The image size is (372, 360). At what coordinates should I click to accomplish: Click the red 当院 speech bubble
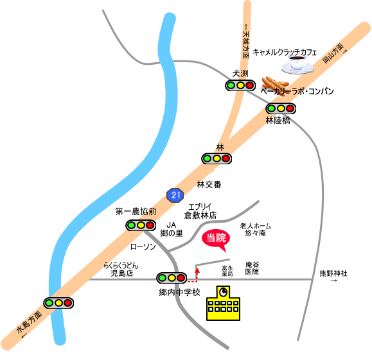pyautogui.click(x=215, y=239)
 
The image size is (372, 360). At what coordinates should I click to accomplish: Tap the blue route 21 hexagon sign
pyautogui.click(x=175, y=195)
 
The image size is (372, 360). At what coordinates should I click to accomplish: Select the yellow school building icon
pyautogui.click(x=223, y=303)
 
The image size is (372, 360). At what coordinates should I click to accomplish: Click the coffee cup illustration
pyautogui.click(x=297, y=64)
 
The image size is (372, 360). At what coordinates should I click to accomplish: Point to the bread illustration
pyautogui.click(x=276, y=85)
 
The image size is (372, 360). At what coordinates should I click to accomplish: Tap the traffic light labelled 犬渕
pyautogui.click(x=240, y=85)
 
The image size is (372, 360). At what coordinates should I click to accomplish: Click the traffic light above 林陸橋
pyautogui.click(x=281, y=108)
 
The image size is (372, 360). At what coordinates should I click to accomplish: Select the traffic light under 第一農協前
pyautogui.click(x=141, y=225)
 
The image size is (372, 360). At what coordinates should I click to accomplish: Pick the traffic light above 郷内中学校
pyautogui.click(x=172, y=277)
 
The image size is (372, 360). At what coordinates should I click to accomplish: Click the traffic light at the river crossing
pyautogui.click(x=58, y=303)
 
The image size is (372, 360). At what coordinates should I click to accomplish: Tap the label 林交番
pyautogui.click(x=209, y=184)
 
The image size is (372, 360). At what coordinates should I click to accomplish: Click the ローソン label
pyautogui.click(x=143, y=246)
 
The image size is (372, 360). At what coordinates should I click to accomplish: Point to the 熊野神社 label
pyautogui.click(x=333, y=273)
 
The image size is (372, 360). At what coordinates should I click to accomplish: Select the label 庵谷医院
pyautogui.click(x=252, y=268)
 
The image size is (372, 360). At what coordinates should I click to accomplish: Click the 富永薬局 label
pyautogui.click(x=227, y=271)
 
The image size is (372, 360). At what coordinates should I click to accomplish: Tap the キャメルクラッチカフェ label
pyautogui.click(x=285, y=52)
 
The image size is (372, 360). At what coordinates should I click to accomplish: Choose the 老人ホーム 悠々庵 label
pyautogui.click(x=255, y=230)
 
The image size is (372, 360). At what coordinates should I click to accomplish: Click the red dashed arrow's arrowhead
pyautogui.click(x=197, y=270)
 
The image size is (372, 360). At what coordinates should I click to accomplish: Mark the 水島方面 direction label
pyautogui.click(x=30, y=322)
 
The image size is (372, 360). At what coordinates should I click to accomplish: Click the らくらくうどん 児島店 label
pyautogui.click(x=121, y=270)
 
